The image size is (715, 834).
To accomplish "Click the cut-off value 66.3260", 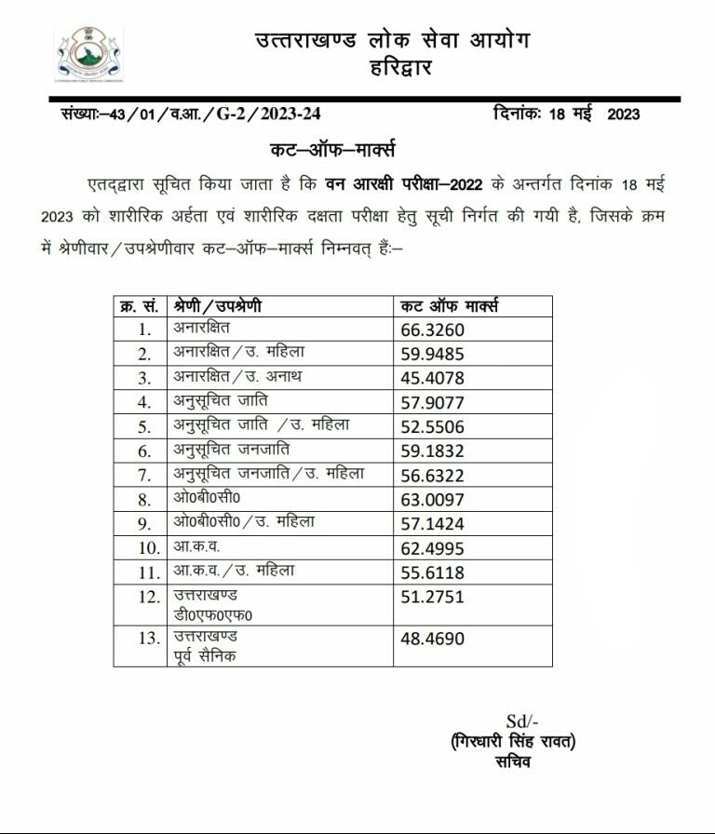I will [431, 330].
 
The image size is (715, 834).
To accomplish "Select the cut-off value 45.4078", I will [431, 378].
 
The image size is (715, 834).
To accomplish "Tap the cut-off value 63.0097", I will [431, 499].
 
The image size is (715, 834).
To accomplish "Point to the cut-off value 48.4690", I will [431, 639].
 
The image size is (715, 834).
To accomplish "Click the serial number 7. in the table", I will [144, 475].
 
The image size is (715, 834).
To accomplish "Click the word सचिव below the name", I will [514, 764].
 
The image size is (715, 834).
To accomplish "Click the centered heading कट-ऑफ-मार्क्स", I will [331, 151].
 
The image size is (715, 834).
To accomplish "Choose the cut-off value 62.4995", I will [431, 548].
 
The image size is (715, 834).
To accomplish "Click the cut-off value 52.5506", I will [431, 426].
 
